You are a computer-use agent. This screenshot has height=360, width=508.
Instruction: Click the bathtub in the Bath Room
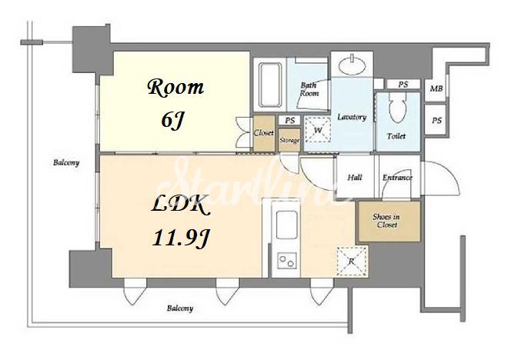[269, 85]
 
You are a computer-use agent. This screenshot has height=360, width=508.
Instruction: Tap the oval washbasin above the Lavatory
[353, 65]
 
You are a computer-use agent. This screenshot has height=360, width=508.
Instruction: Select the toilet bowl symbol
[397, 108]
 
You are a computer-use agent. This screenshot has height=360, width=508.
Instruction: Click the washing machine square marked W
[318, 130]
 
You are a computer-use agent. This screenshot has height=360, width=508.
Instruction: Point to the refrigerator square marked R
[352, 261]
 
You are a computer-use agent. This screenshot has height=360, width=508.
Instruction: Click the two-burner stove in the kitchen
[287, 261]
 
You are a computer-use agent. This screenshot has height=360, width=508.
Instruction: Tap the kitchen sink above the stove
[286, 225]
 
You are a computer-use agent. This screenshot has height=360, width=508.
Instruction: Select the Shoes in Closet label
[386, 221]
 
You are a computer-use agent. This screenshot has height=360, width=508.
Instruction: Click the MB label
[436, 88]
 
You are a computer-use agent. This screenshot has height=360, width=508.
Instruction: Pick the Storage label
[289, 141]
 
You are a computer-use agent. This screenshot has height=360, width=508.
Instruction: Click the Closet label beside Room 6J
[263, 133]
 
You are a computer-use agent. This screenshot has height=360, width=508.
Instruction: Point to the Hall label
[355, 178]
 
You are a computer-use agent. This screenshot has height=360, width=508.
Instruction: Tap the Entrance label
[397, 178]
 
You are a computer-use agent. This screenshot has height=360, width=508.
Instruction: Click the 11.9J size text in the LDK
[182, 238]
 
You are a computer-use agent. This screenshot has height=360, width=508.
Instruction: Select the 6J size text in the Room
[172, 121]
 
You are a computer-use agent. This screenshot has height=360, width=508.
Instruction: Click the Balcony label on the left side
[66, 162]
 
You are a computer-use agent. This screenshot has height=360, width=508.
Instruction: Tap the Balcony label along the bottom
[180, 308]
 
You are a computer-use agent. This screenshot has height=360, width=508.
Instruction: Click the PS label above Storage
[290, 121]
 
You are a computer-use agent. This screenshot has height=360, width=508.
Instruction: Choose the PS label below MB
[436, 121]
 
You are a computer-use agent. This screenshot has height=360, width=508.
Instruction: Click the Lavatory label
[352, 117]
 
